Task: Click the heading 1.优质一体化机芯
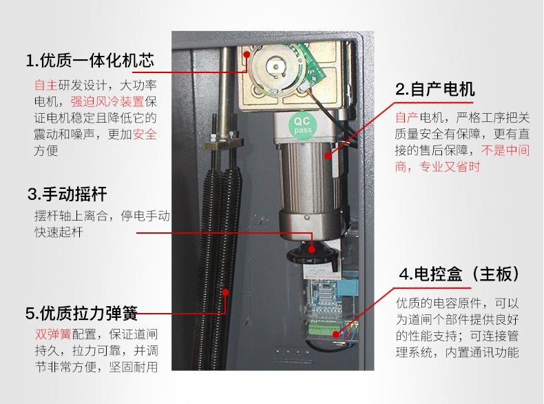(x=90, y=60)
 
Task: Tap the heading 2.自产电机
(x=435, y=89)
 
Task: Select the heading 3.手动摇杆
(x=67, y=194)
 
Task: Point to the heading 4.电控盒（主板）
(x=460, y=274)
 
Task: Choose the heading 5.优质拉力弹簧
(x=81, y=313)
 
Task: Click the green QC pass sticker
(x=302, y=125)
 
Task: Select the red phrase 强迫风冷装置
(x=107, y=101)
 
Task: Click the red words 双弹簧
(x=53, y=334)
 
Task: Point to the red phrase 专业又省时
(x=450, y=167)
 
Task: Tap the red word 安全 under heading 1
(x=145, y=134)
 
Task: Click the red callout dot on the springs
(x=225, y=292)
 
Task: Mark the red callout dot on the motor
(x=328, y=155)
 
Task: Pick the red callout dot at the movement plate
(x=247, y=54)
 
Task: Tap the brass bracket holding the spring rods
(x=222, y=143)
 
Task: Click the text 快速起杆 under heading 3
(x=59, y=232)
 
